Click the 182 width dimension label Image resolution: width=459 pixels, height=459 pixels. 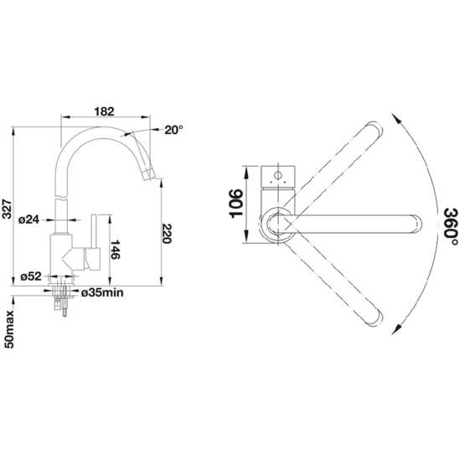[104, 111]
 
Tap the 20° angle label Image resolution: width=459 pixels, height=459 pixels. [173, 130]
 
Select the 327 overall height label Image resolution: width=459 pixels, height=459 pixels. [7, 209]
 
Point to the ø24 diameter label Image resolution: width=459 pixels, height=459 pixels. [28, 219]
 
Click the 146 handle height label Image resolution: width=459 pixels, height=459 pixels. [116, 250]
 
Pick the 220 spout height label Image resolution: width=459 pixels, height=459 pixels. [167, 234]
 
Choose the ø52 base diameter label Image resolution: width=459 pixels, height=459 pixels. [31, 276]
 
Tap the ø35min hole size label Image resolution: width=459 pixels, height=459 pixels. [102, 292]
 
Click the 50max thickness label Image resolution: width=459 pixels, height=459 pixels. [9, 329]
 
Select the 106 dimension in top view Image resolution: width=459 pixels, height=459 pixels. [236, 204]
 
